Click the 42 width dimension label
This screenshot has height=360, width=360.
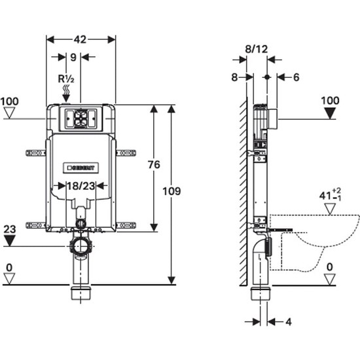coord(80,39)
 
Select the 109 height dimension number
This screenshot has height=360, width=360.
coord(171,191)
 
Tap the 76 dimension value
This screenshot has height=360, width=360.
coord(154,164)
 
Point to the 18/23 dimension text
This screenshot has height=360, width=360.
coord(81,186)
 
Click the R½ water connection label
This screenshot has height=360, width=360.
coord(66,79)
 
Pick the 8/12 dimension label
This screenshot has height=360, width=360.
coord(257,49)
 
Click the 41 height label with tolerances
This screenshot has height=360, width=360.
coord(330,195)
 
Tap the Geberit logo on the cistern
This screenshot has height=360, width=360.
coord(81,168)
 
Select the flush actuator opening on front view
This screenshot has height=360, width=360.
coord(81,118)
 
